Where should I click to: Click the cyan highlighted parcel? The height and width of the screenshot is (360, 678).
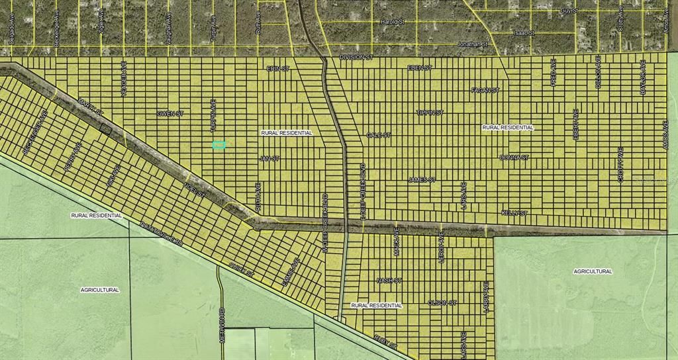(219, 144)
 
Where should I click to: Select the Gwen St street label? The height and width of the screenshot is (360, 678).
(169, 113)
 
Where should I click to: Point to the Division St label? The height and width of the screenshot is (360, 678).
(356, 58)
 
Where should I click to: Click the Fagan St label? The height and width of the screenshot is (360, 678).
(485, 90)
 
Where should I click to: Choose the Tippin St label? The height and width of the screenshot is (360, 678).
(430, 112)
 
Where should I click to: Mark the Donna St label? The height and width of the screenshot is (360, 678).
(514, 157)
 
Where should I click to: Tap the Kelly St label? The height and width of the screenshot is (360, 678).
(514, 213)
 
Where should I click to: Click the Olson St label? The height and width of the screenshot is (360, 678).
(442, 302)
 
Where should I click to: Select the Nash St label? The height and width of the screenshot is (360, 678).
(389, 281)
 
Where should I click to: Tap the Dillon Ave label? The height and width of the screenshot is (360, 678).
(598, 72)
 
